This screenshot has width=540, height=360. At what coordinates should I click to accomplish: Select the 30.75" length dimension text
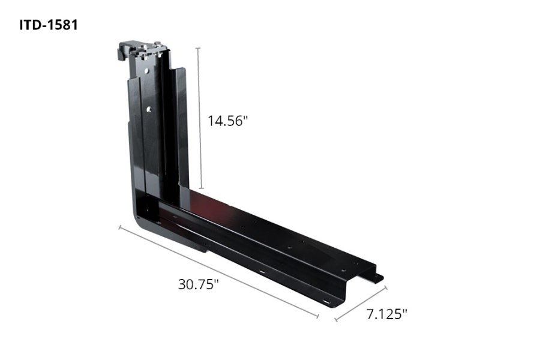point(198,284)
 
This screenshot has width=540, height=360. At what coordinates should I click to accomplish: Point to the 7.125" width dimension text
point(387,313)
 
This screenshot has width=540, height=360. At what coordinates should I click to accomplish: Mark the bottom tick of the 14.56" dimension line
point(199,188)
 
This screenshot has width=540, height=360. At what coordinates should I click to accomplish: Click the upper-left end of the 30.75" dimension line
point(119,227)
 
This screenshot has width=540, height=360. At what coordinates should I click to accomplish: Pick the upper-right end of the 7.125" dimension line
point(387,287)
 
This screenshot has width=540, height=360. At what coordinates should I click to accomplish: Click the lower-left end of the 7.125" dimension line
point(335,319)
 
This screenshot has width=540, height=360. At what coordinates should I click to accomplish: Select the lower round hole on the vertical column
point(146,109)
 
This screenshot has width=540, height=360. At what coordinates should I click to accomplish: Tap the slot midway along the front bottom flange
point(263,274)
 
